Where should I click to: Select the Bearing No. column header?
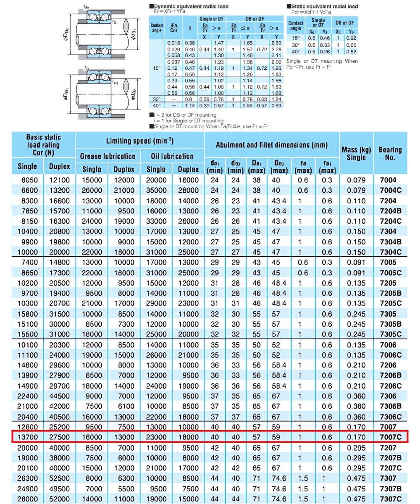[x=390, y=153]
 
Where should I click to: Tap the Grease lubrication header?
[x=108, y=156]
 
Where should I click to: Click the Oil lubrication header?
[x=172, y=156]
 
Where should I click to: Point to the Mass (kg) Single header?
[x=356, y=153]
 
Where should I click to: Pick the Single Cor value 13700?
[x=29, y=437]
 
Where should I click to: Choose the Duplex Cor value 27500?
[x=60, y=437]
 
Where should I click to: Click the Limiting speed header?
[x=140, y=141]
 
